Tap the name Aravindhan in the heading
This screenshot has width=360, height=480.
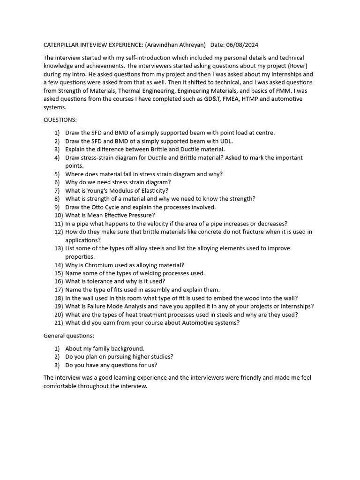pos(164,45)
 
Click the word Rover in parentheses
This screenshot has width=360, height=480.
pos(297,66)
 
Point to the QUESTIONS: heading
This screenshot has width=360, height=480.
pos(60,120)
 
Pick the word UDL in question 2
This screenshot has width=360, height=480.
pos(226,141)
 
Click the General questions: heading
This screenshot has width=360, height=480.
pos(69,336)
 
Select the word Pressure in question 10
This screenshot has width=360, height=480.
pos(141,216)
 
